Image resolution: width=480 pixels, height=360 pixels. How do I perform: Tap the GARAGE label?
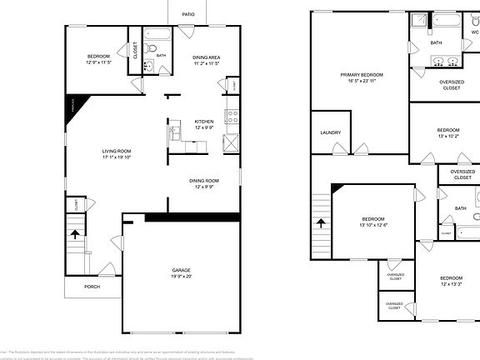click(182, 270)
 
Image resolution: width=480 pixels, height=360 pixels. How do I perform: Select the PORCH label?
click(92, 287)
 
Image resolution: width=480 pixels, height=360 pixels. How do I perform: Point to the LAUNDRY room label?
click(331, 132)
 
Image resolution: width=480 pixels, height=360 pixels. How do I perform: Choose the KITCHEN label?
click(205, 121)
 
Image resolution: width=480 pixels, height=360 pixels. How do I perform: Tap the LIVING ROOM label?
click(117, 151)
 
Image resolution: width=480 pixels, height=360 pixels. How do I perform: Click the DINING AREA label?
click(206, 57)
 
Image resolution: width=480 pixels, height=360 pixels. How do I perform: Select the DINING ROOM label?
click(205, 180)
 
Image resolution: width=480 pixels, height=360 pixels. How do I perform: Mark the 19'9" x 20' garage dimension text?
click(182, 277)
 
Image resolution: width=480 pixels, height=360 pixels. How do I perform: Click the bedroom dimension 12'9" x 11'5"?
click(97, 62)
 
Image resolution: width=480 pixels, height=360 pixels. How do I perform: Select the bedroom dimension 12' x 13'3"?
click(451, 283)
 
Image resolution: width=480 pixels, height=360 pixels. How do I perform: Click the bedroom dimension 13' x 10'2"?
click(448, 136)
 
